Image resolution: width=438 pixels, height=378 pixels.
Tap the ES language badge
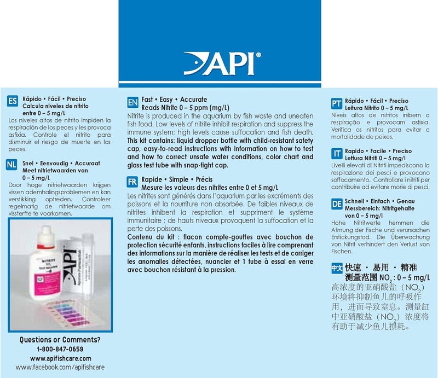11,101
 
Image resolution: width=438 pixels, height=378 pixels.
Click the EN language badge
132,103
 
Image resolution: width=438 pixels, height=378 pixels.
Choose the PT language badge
337,103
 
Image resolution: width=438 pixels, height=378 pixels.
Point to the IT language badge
337,154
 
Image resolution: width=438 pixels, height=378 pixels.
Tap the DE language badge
337,205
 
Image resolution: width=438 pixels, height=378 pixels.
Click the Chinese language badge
337,269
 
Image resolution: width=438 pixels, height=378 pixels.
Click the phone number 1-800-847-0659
60,349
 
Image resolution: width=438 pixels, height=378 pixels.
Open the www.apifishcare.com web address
60,358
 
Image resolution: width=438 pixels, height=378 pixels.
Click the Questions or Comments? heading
60,340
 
